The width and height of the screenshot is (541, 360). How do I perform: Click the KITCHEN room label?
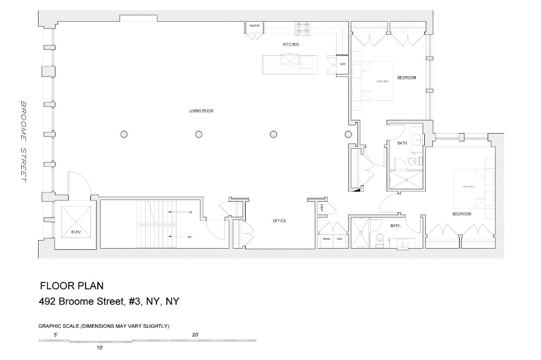click(291, 45)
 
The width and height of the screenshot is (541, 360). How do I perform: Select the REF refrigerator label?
click(342, 64)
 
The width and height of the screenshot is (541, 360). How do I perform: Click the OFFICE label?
click(279, 221)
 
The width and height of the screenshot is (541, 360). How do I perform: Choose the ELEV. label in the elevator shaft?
click(77, 232)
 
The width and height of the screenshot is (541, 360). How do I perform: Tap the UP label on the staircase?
click(190, 212)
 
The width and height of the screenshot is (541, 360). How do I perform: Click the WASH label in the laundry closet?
click(327, 239)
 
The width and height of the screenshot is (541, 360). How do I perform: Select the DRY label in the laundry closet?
click(340, 239)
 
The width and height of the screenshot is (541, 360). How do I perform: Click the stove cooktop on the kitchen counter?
click(304, 27)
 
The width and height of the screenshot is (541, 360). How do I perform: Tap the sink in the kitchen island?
click(289, 61)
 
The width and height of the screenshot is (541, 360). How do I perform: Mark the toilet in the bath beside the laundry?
click(379, 241)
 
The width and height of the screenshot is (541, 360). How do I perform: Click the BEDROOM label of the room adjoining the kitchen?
click(407, 78)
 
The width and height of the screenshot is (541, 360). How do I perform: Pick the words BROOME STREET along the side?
click(23, 141)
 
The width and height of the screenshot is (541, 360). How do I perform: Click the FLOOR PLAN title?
click(72, 286)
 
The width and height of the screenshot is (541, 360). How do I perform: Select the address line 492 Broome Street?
click(110, 302)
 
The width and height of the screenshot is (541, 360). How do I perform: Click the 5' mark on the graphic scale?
click(56, 335)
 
